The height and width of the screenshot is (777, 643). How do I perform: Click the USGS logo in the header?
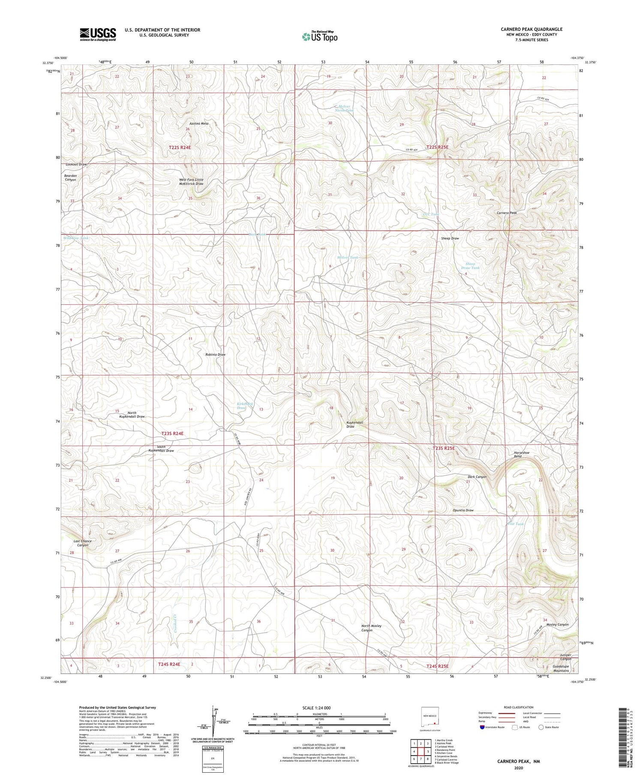click(98, 34)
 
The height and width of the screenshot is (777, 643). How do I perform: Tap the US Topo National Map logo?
click(319, 36)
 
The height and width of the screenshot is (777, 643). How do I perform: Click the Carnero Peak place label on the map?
click(506, 213)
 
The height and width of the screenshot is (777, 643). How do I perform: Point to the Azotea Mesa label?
click(199, 123)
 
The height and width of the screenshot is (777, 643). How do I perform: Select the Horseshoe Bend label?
click(521, 455)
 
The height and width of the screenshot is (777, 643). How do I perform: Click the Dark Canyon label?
click(477, 477)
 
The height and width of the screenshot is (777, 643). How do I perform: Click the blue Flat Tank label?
click(516, 524)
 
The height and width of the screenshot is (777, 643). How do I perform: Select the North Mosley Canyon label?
click(371, 628)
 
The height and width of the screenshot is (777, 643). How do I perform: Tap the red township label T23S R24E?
click(172, 434)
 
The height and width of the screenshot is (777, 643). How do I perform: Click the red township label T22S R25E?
click(437, 147)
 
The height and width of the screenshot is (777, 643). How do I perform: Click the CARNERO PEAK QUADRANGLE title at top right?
click(531, 29)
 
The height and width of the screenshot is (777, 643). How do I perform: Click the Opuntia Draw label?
click(463, 510)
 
